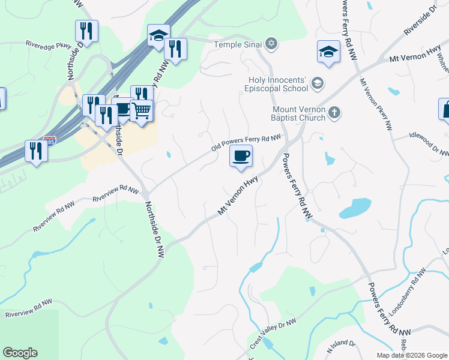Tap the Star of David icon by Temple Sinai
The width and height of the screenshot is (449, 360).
coord(271,44)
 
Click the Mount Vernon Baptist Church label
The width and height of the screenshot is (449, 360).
coord(299,113)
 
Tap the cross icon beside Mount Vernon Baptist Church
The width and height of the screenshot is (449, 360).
coord(335,112)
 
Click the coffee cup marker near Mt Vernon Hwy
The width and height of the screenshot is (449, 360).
coord(241,157)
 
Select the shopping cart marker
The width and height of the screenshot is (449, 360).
coord(142,110)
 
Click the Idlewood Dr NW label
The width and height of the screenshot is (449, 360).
coord(429,144)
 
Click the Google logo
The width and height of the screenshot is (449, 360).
coord(20,353)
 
